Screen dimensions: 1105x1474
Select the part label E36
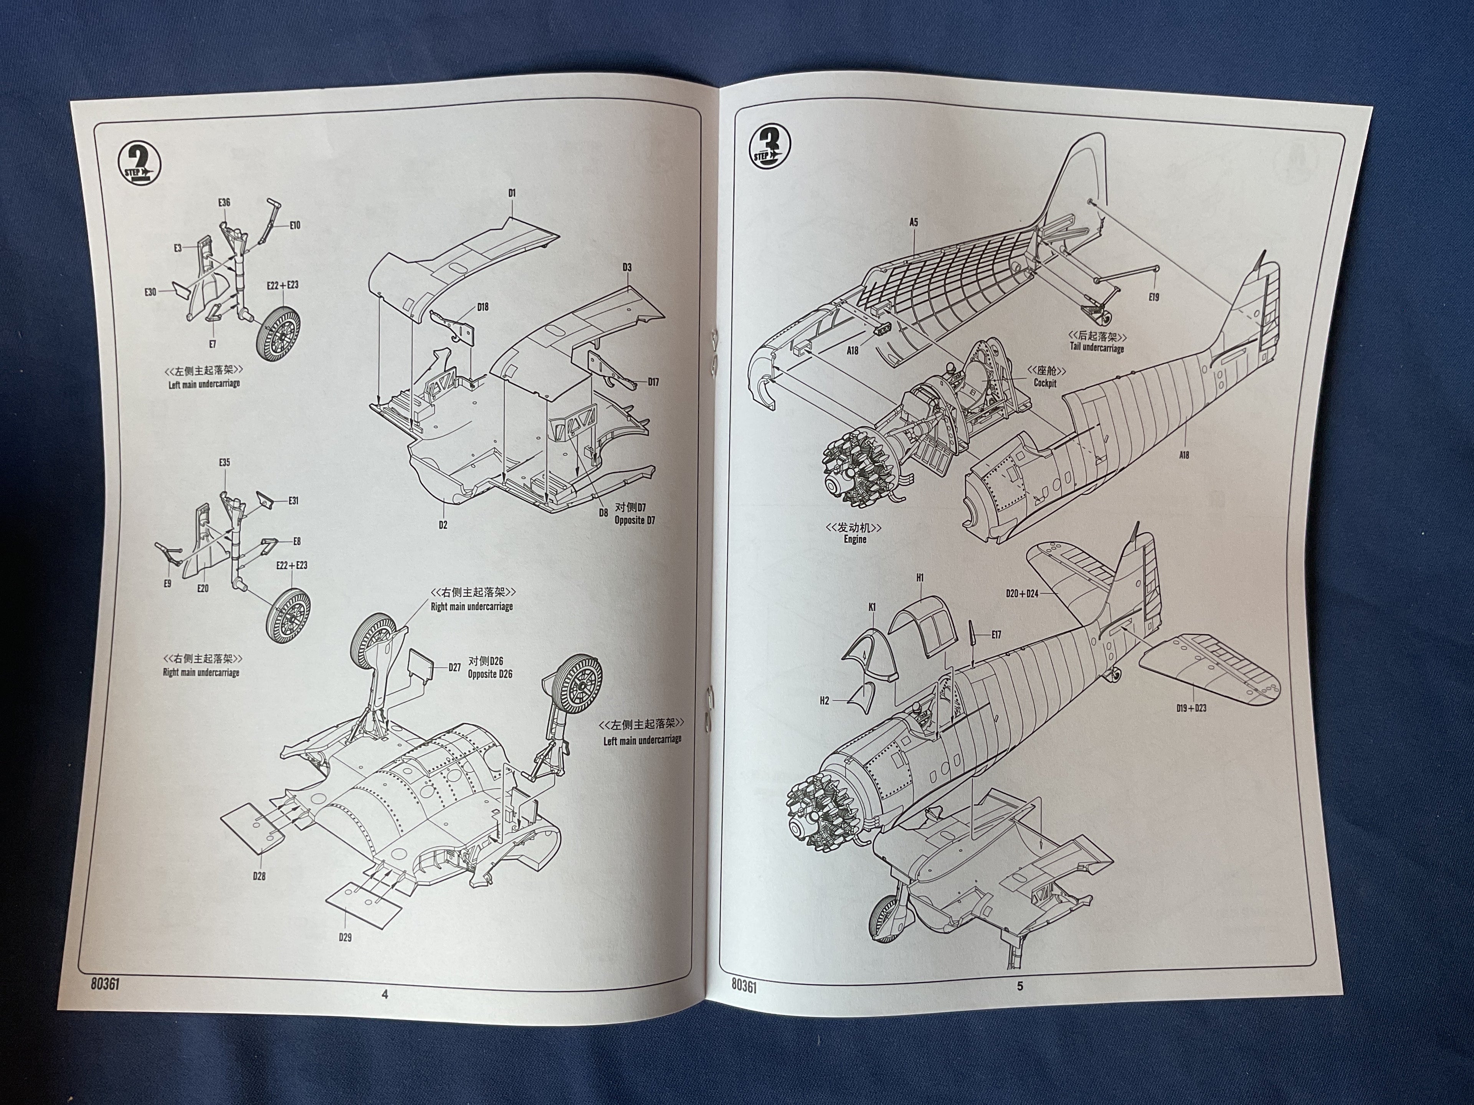224,203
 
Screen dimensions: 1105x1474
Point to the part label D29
345,937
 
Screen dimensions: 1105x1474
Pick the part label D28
259,876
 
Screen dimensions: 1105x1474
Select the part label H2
824,701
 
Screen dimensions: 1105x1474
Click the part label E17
996,635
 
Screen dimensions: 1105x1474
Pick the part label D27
454,667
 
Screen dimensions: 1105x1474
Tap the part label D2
443,525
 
